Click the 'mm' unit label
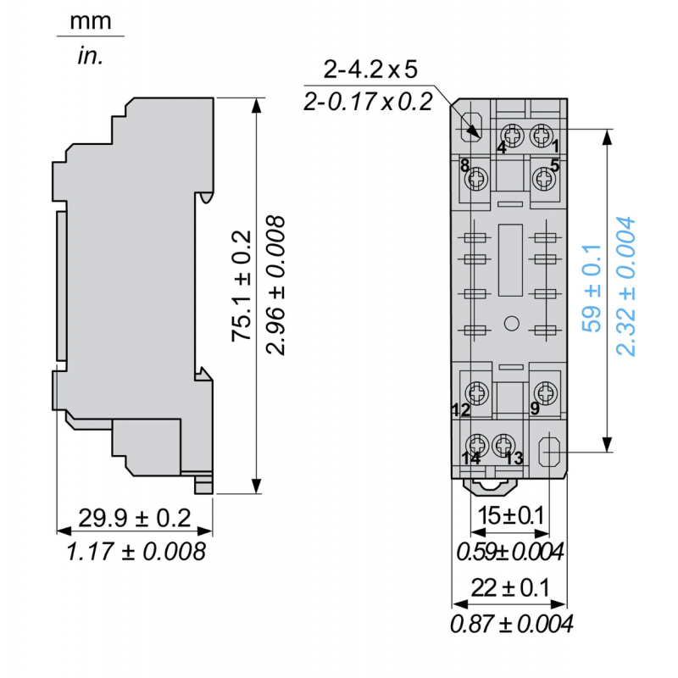point(91,20)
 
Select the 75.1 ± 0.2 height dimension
point(242,285)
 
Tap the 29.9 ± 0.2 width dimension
point(135,518)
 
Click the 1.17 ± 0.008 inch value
point(136,552)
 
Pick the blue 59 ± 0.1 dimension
point(592,287)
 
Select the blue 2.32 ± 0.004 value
point(625,287)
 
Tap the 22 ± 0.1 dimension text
point(510,586)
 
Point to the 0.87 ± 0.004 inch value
point(511,625)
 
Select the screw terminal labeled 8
point(477,178)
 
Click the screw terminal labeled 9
point(543,392)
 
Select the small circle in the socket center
point(510,323)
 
